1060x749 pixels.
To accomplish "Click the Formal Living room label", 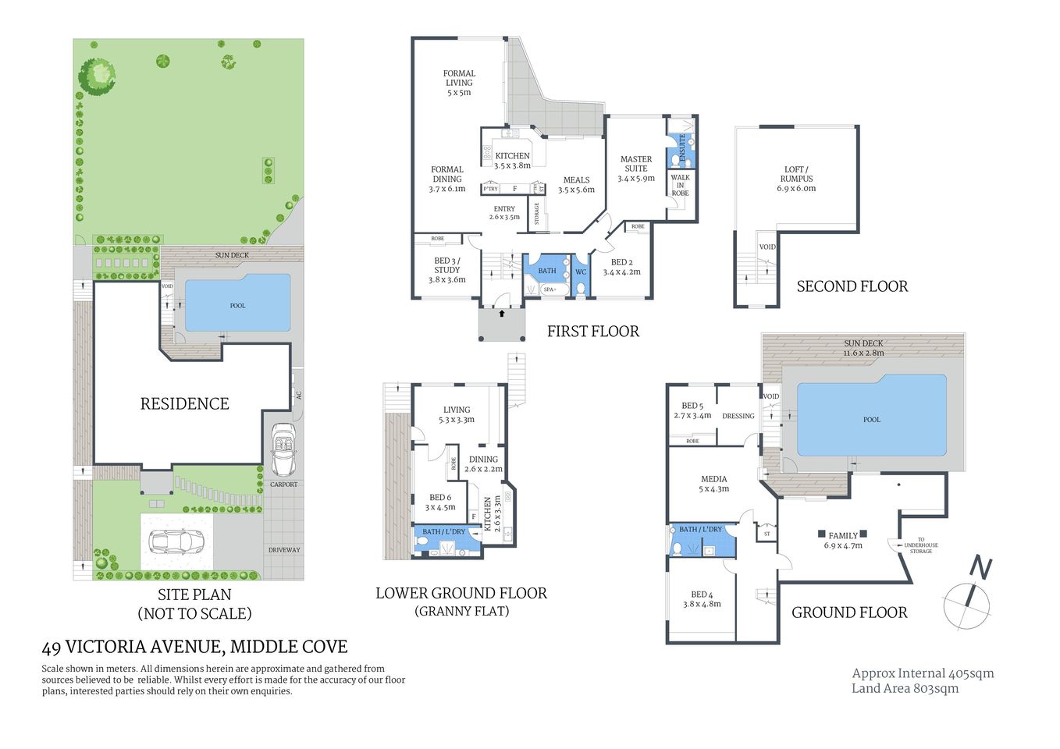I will (459, 83).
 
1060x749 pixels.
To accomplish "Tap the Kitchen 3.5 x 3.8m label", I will (512, 161).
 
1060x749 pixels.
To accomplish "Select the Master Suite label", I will (635, 169).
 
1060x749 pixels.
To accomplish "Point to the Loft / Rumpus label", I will (796, 179).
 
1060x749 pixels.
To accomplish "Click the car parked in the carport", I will (283, 450).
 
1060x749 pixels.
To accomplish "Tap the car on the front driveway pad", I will (176, 541).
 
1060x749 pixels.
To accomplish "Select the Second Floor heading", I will (852, 286).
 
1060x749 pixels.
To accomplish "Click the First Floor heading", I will (592, 332).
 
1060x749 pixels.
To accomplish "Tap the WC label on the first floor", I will (580, 272).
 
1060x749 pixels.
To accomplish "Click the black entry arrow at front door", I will (501, 313).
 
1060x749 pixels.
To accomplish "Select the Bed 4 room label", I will (702, 599).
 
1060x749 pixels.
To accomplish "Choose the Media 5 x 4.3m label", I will (713, 484).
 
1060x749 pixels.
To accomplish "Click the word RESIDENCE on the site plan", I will (184, 403).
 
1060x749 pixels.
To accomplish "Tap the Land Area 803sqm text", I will (905, 688).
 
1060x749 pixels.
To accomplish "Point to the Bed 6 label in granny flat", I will (440, 502).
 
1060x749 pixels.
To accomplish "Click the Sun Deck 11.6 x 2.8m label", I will (863, 348).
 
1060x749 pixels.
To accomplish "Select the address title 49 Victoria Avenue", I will (194, 647).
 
